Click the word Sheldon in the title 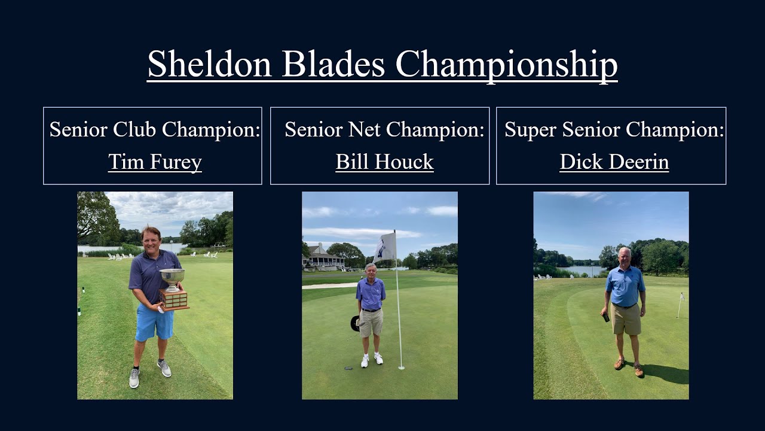[x=209, y=64]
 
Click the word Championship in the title [x=506, y=64]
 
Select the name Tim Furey [x=155, y=162]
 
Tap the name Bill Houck [x=384, y=162]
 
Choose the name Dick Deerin [x=614, y=162]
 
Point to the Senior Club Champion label [x=155, y=130]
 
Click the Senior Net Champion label [x=384, y=130]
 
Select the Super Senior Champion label [x=614, y=130]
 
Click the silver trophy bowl [x=172, y=277]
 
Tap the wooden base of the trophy [x=174, y=299]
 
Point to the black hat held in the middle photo [x=355, y=323]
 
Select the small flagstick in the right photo [x=680, y=305]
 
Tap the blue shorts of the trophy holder [x=154, y=322]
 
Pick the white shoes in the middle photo [x=371, y=360]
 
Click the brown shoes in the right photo [x=629, y=367]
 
